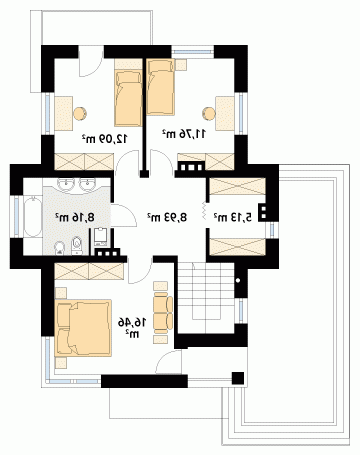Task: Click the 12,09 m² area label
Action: (x=105, y=138)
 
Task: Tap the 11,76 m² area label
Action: (x=184, y=134)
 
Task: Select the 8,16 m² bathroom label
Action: (x=75, y=217)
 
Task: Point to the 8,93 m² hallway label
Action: (x=167, y=217)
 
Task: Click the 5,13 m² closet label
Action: (x=233, y=217)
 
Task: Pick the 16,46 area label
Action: (x=132, y=323)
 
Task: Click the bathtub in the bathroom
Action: (x=33, y=217)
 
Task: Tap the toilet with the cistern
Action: (x=77, y=245)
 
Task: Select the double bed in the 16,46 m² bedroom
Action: (x=83, y=328)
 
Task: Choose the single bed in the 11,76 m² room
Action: (x=161, y=87)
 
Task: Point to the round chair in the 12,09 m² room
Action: (x=80, y=113)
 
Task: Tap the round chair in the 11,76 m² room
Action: (x=209, y=113)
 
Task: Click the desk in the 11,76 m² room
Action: (x=225, y=113)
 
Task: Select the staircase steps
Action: (x=206, y=298)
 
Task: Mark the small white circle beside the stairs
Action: (x=238, y=280)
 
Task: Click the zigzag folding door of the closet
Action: (x=204, y=211)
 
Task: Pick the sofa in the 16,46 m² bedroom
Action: (x=163, y=312)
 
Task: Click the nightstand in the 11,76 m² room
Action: (x=181, y=65)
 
